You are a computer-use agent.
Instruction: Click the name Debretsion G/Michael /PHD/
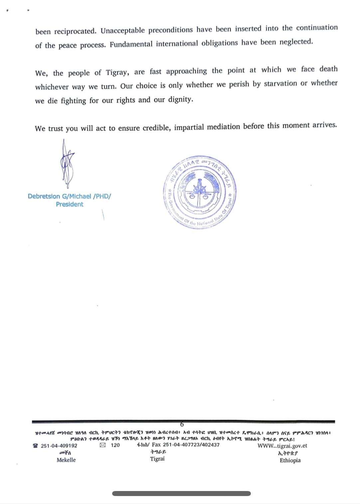pos(70,196)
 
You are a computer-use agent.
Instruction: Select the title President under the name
pos(70,204)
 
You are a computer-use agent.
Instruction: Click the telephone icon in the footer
pos(36,445)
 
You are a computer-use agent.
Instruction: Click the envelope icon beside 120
pos(103,445)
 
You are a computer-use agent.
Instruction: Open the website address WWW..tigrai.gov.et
pos(282,445)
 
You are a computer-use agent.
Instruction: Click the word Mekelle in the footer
pos(66,460)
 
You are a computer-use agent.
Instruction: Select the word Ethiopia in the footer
pos(290,460)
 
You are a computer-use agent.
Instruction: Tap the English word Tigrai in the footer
pos(157,459)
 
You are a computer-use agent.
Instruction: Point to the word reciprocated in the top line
pos(75,31)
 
